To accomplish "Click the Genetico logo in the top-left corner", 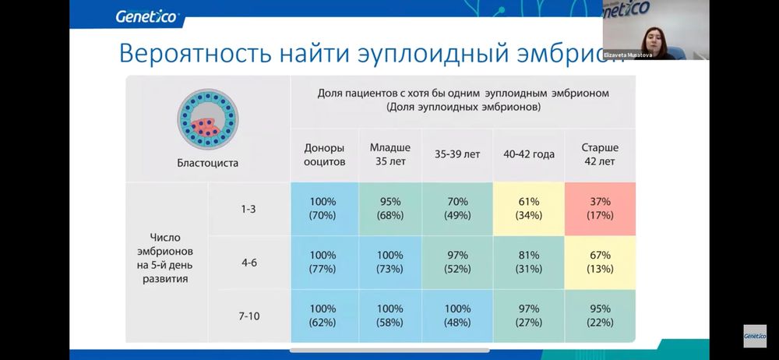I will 146,16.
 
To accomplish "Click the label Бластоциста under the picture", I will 206,163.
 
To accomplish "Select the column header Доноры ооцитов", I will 322,154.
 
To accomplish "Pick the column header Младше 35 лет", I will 389,154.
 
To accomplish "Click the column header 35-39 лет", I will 457,154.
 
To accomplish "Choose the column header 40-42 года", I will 529,154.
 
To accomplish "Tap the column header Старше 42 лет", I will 599,154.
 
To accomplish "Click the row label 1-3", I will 249,209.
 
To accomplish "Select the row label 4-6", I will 249,263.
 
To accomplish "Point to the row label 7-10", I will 249,316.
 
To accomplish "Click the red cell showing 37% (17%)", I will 600,208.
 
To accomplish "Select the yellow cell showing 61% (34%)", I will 529,208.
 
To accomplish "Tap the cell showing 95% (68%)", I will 389,208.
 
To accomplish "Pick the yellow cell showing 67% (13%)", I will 600,263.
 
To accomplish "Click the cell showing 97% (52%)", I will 457,263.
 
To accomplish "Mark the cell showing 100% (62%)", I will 322,316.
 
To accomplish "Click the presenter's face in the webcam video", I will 648,32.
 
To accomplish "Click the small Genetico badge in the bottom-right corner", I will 754,336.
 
